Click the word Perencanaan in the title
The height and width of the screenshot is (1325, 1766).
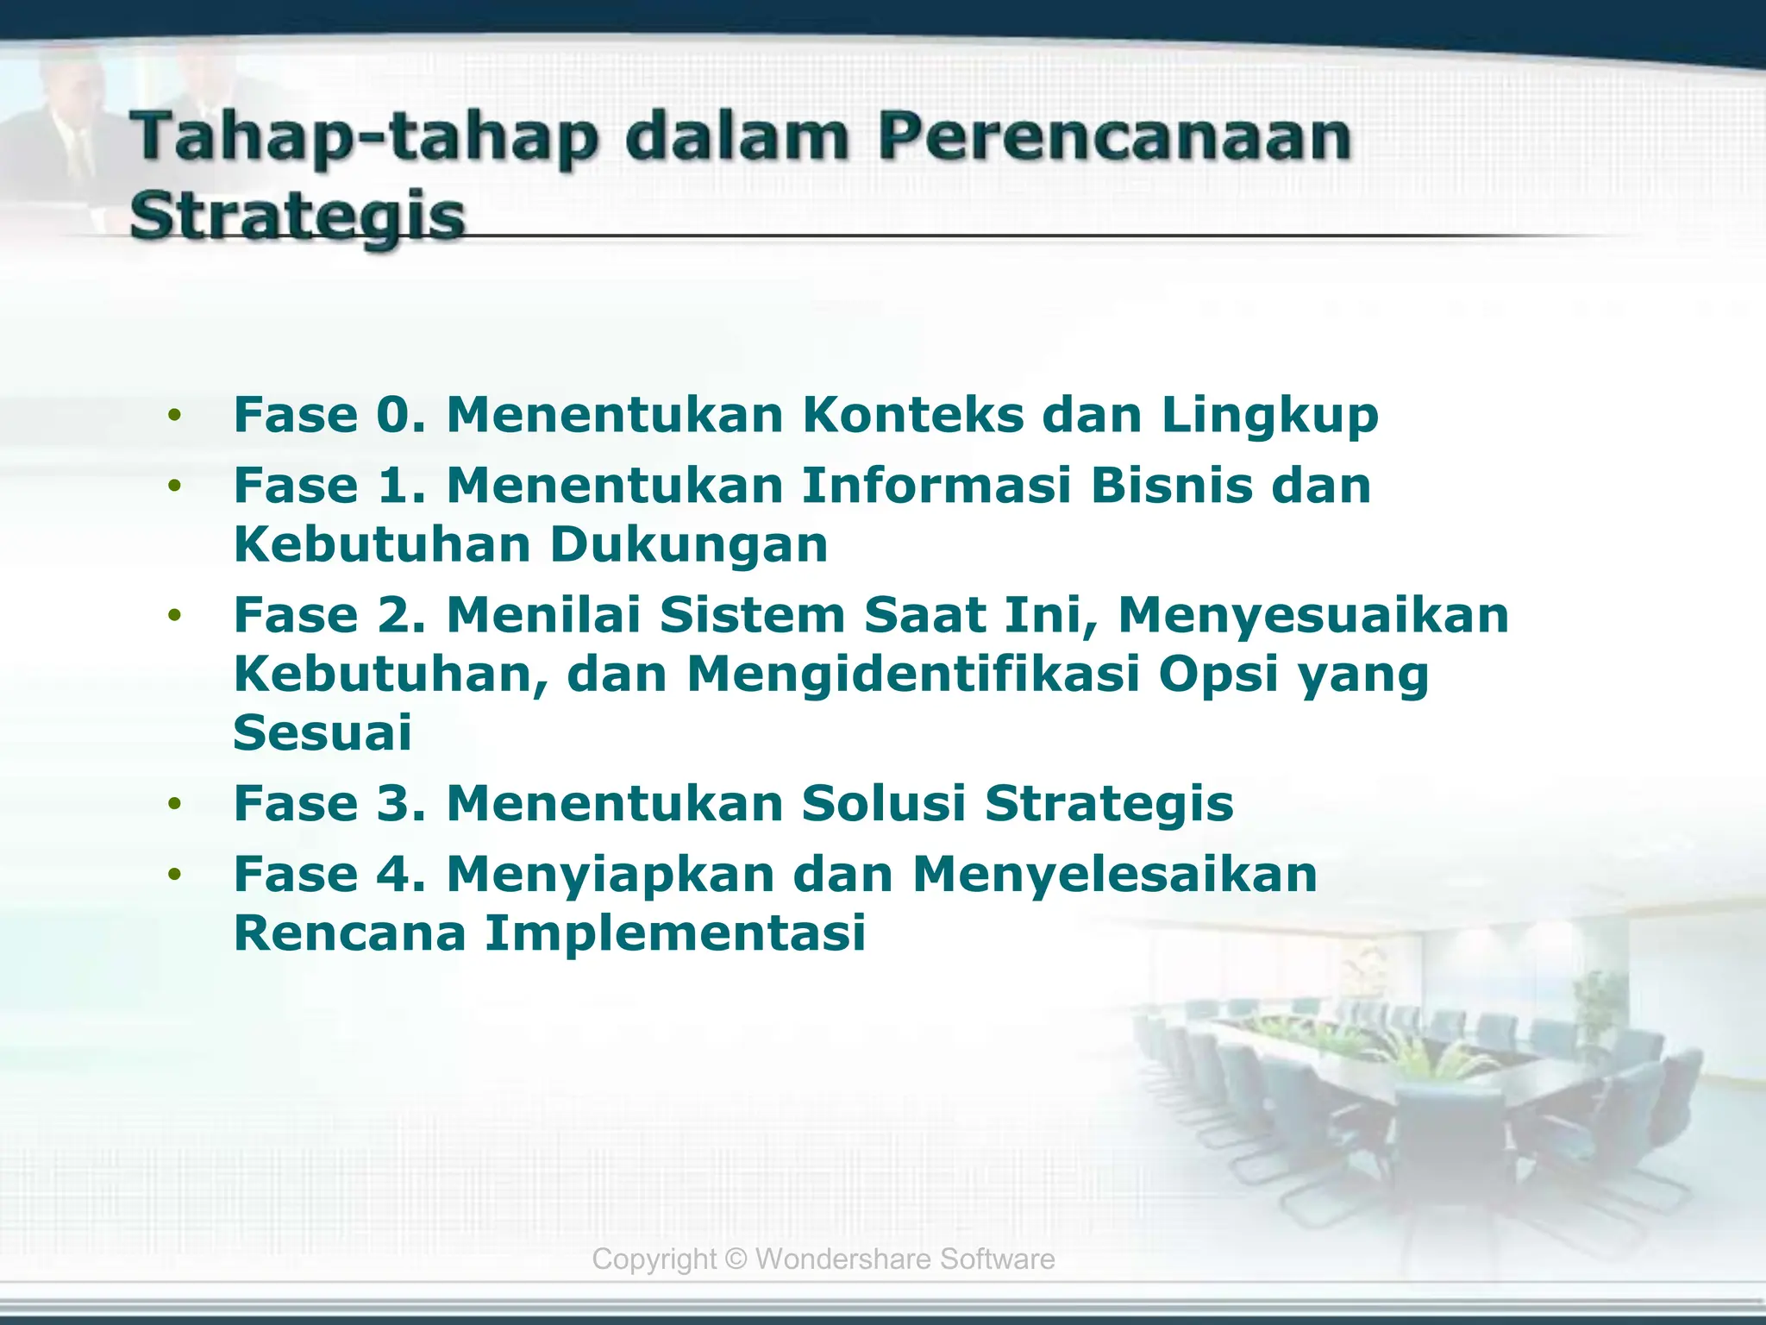tap(1114, 138)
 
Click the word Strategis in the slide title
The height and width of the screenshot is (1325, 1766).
tap(297, 216)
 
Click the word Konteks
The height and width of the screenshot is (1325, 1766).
tap(913, 415)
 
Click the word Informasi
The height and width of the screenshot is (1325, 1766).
tap(936, 485)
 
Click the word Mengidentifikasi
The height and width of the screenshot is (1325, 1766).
tap(913, 675)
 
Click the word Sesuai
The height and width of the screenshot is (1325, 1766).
tap(323, 732)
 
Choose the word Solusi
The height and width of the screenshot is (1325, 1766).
tap(883, 803)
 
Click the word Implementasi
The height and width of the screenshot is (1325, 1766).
tap(674, 933)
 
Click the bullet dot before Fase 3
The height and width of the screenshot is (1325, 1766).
tap(176, 804)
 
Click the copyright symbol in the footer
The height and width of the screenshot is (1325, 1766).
tap(736, 1259)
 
